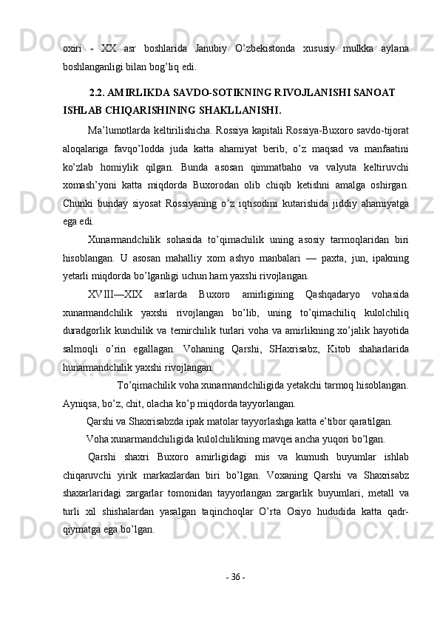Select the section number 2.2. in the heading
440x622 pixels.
click(x=101, y=94)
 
